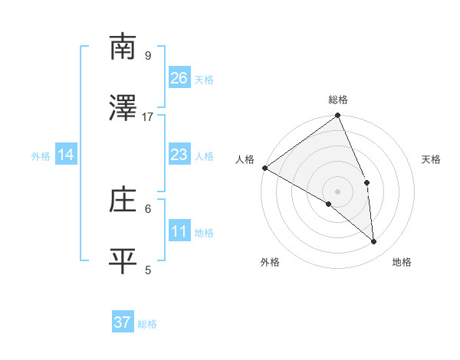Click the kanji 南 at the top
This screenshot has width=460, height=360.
point(123,47)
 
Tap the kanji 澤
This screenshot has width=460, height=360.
point(123,108)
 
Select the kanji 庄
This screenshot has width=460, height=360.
point(123,200)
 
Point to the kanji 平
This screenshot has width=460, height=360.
point(123,260)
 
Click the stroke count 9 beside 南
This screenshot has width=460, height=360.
point(148,55)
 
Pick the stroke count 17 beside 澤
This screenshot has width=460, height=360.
point(148,116)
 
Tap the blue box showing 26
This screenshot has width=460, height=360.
point(179,77)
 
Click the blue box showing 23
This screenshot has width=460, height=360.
point(179,155)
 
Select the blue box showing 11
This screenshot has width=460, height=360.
point(179,231)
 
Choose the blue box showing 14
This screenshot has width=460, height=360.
point(66,155)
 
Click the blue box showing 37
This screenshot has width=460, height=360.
point(123,322)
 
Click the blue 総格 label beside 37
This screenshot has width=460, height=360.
point(147,324)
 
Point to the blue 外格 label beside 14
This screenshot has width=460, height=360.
point(41,156)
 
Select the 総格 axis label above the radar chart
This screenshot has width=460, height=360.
point(338,100)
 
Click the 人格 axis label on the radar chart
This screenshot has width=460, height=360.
point(245,159)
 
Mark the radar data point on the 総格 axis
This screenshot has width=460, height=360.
point(338,116)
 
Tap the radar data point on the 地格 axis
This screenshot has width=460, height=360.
point(374,242)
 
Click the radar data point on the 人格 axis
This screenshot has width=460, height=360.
point(264,168)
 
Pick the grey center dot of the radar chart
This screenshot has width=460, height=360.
point(337,191)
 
